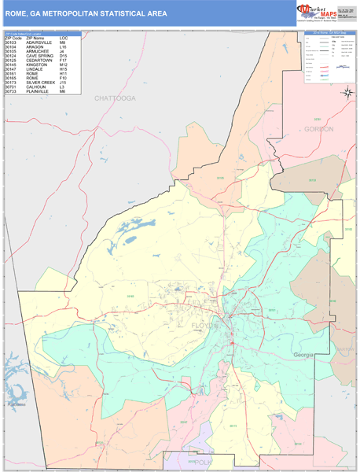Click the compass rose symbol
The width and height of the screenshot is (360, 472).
coord(347,94)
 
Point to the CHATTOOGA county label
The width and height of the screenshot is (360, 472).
coord(115,98)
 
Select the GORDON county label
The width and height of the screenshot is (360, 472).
coord(319,128)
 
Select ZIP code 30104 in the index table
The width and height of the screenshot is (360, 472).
coord(12,47)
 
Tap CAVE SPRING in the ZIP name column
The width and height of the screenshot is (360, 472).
coord(41,56)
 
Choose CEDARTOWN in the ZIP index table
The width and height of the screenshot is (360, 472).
coord(40,61)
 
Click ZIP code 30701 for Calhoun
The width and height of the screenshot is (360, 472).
coord(12,87)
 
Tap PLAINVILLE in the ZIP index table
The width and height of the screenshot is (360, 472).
coord(39,91)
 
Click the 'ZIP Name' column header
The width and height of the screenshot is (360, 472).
coord(35,38)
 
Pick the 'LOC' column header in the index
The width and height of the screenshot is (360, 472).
coord(64,38)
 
